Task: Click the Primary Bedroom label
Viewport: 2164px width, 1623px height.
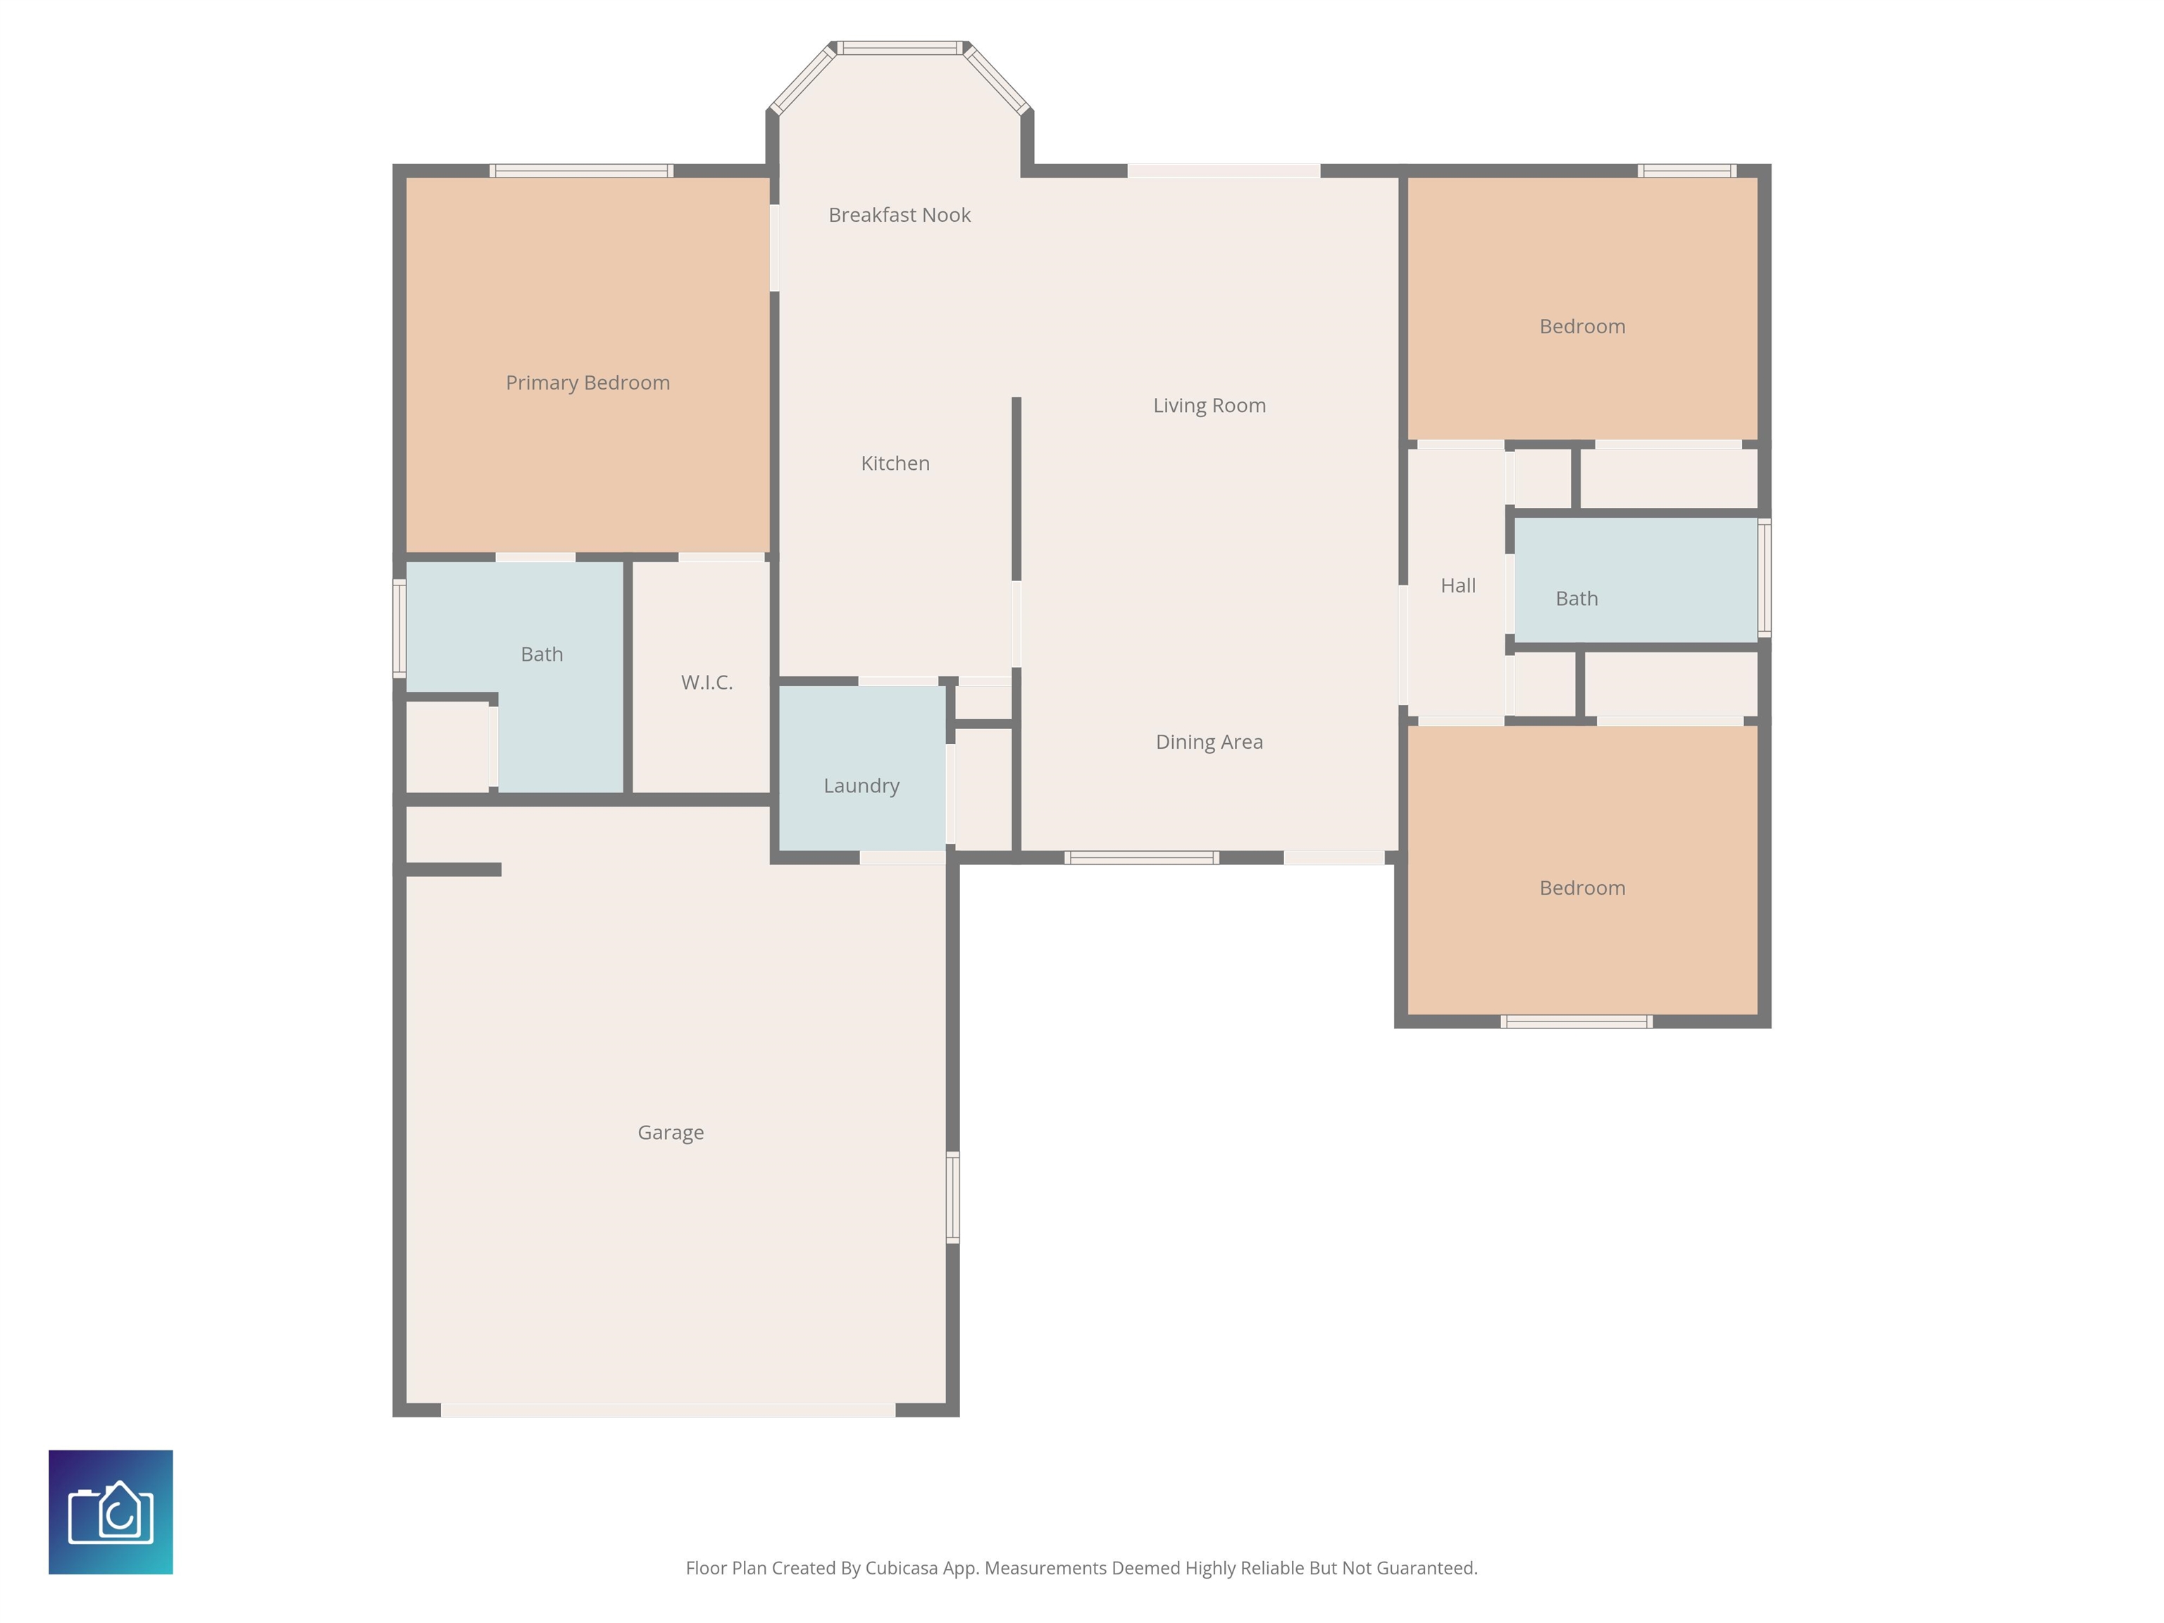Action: coord(588,383)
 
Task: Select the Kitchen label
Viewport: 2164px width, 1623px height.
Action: coord(895,463)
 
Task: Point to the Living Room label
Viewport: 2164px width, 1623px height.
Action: coord(1210,405)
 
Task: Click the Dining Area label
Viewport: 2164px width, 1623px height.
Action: coord(1210,742)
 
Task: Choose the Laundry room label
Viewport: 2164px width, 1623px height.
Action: coord(861,785)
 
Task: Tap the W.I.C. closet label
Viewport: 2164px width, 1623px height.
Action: coord(707,682)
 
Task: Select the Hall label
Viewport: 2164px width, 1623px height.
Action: coord(1457,585)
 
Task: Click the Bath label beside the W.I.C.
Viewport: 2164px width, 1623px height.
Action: coord(541,654)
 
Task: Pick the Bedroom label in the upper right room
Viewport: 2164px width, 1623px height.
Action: coord(1582,325)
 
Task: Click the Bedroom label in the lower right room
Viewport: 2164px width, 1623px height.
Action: coord(1582,888)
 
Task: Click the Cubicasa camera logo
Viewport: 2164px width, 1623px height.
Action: coord(111,1512)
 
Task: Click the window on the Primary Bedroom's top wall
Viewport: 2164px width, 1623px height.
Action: coord(581,171)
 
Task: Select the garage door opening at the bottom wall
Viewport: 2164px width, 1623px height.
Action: coord(669,1410)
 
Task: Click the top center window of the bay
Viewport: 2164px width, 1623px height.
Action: coord(900,48)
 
